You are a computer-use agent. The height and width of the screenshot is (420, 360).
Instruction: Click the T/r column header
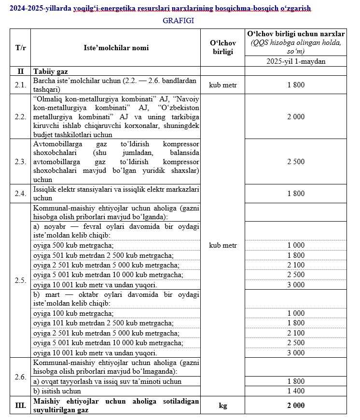pos(20,48)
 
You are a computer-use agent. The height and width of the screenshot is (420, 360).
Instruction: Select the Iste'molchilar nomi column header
pos(116,48)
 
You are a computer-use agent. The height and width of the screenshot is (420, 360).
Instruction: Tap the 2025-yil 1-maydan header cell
pos(296,61)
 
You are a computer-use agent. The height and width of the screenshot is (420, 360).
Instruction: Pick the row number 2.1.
pos(20,85)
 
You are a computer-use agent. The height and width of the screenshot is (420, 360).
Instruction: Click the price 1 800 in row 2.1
pos(296,85)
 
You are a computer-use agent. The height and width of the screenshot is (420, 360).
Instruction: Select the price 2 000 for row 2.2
pos(296,117)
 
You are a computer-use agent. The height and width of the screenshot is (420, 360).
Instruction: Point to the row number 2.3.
pos(20,162)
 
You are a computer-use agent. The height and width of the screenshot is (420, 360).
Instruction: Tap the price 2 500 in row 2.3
pos(296,162)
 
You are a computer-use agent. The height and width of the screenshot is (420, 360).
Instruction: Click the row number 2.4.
pos(20,194)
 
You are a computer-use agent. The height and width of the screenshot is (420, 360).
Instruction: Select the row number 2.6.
pos(20,377)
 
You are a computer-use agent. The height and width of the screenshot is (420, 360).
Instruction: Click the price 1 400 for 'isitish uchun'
pos(296,391)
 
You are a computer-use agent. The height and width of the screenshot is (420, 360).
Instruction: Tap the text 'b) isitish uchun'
pos(57,391)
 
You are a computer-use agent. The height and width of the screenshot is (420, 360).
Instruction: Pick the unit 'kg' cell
pos(222,406)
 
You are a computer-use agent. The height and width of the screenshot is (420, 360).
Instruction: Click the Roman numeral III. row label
pos(20,406)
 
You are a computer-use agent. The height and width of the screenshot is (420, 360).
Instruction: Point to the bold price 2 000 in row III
pos(296,406)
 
